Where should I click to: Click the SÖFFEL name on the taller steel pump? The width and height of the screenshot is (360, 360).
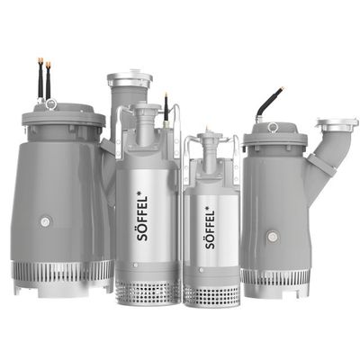coord(142,219)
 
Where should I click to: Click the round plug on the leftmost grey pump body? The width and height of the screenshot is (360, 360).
coord(45,222)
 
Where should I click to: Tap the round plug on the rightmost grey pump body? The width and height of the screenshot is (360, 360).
coord(273,237)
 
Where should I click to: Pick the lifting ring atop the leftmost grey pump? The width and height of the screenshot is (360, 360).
coord(51,104)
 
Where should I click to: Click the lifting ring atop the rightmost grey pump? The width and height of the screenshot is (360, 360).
coord(273,127)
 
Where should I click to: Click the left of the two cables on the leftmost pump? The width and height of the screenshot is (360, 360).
coord(40,78)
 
